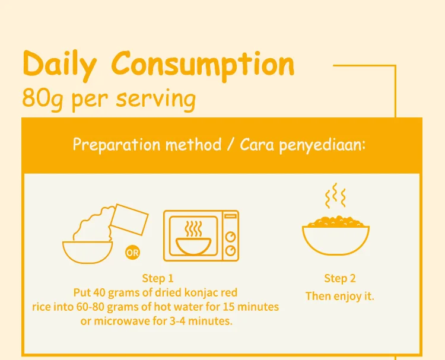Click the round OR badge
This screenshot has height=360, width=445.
click(x=132, y=253)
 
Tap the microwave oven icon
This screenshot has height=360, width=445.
click(x=201, y=235)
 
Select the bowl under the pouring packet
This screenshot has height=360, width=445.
click(x=88, y=250)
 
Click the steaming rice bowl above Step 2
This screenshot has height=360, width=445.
click(x=336, y=237)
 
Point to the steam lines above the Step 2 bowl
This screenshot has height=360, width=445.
click(x=335, y=195)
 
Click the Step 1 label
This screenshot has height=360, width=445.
click(x=158, y=278)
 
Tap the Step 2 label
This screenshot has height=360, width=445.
click(x=339, y=279)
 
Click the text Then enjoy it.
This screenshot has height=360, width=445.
click(x=339, y=295)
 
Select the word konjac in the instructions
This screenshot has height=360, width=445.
click(x=195, y=292)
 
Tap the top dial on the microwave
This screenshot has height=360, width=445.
click(x=231, y=237)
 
